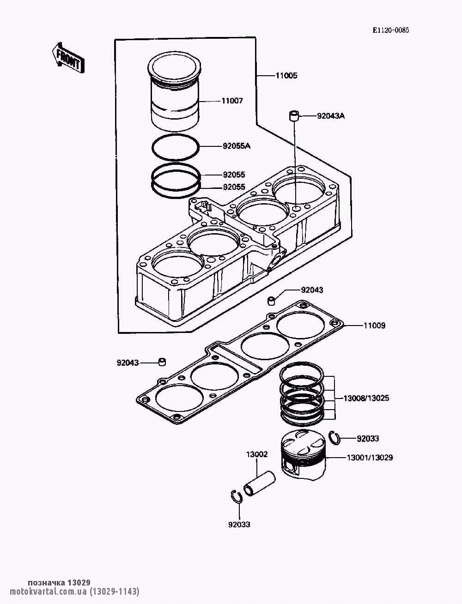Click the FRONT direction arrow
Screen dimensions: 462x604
pos(68,58)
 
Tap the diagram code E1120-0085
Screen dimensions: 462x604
pos(391,30)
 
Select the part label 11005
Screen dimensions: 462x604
pos(286,75)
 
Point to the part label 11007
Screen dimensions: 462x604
pos(232,101)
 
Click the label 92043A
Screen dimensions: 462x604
pos(331,116)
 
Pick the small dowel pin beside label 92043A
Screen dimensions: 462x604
pos(294,115)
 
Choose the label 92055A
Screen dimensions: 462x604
pos(237,146)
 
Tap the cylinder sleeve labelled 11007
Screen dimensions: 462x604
pos(174,91)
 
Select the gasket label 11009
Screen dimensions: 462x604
pos(374,326)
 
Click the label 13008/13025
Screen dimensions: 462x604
pos(366,398)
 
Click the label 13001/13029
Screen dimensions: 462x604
pos(370,458)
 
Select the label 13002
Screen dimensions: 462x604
pos(256,454)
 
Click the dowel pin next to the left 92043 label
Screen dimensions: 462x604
pos(163,362)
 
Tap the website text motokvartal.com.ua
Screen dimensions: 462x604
pos(49,591)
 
